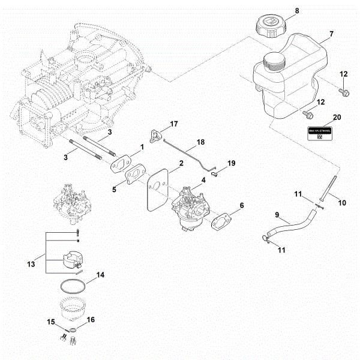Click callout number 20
[x=337, y=118]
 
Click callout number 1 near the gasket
[x=142, y=146]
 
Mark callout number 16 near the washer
[x=91, y=320]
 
